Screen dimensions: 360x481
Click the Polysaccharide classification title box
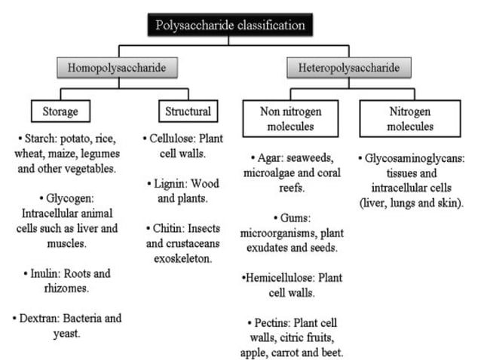(230, 26)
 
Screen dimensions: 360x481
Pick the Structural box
(187, 112)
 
